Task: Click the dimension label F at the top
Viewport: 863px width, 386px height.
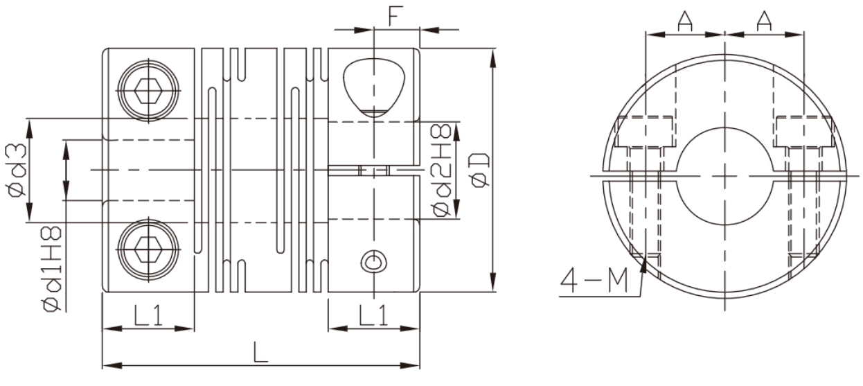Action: tap(395, 16)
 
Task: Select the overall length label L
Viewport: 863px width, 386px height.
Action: tap(260, 352)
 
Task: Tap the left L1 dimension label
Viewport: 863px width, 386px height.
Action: tap(148, 315)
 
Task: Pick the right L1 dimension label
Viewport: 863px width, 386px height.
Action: tap(373, 315)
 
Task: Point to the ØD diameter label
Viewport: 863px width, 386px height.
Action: tap(481, 170)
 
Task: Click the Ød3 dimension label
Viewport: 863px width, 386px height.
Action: tap(16, 170)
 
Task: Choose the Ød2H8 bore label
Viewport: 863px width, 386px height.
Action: tap(441, 170)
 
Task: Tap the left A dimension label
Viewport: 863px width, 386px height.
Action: tap(684, 21)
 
